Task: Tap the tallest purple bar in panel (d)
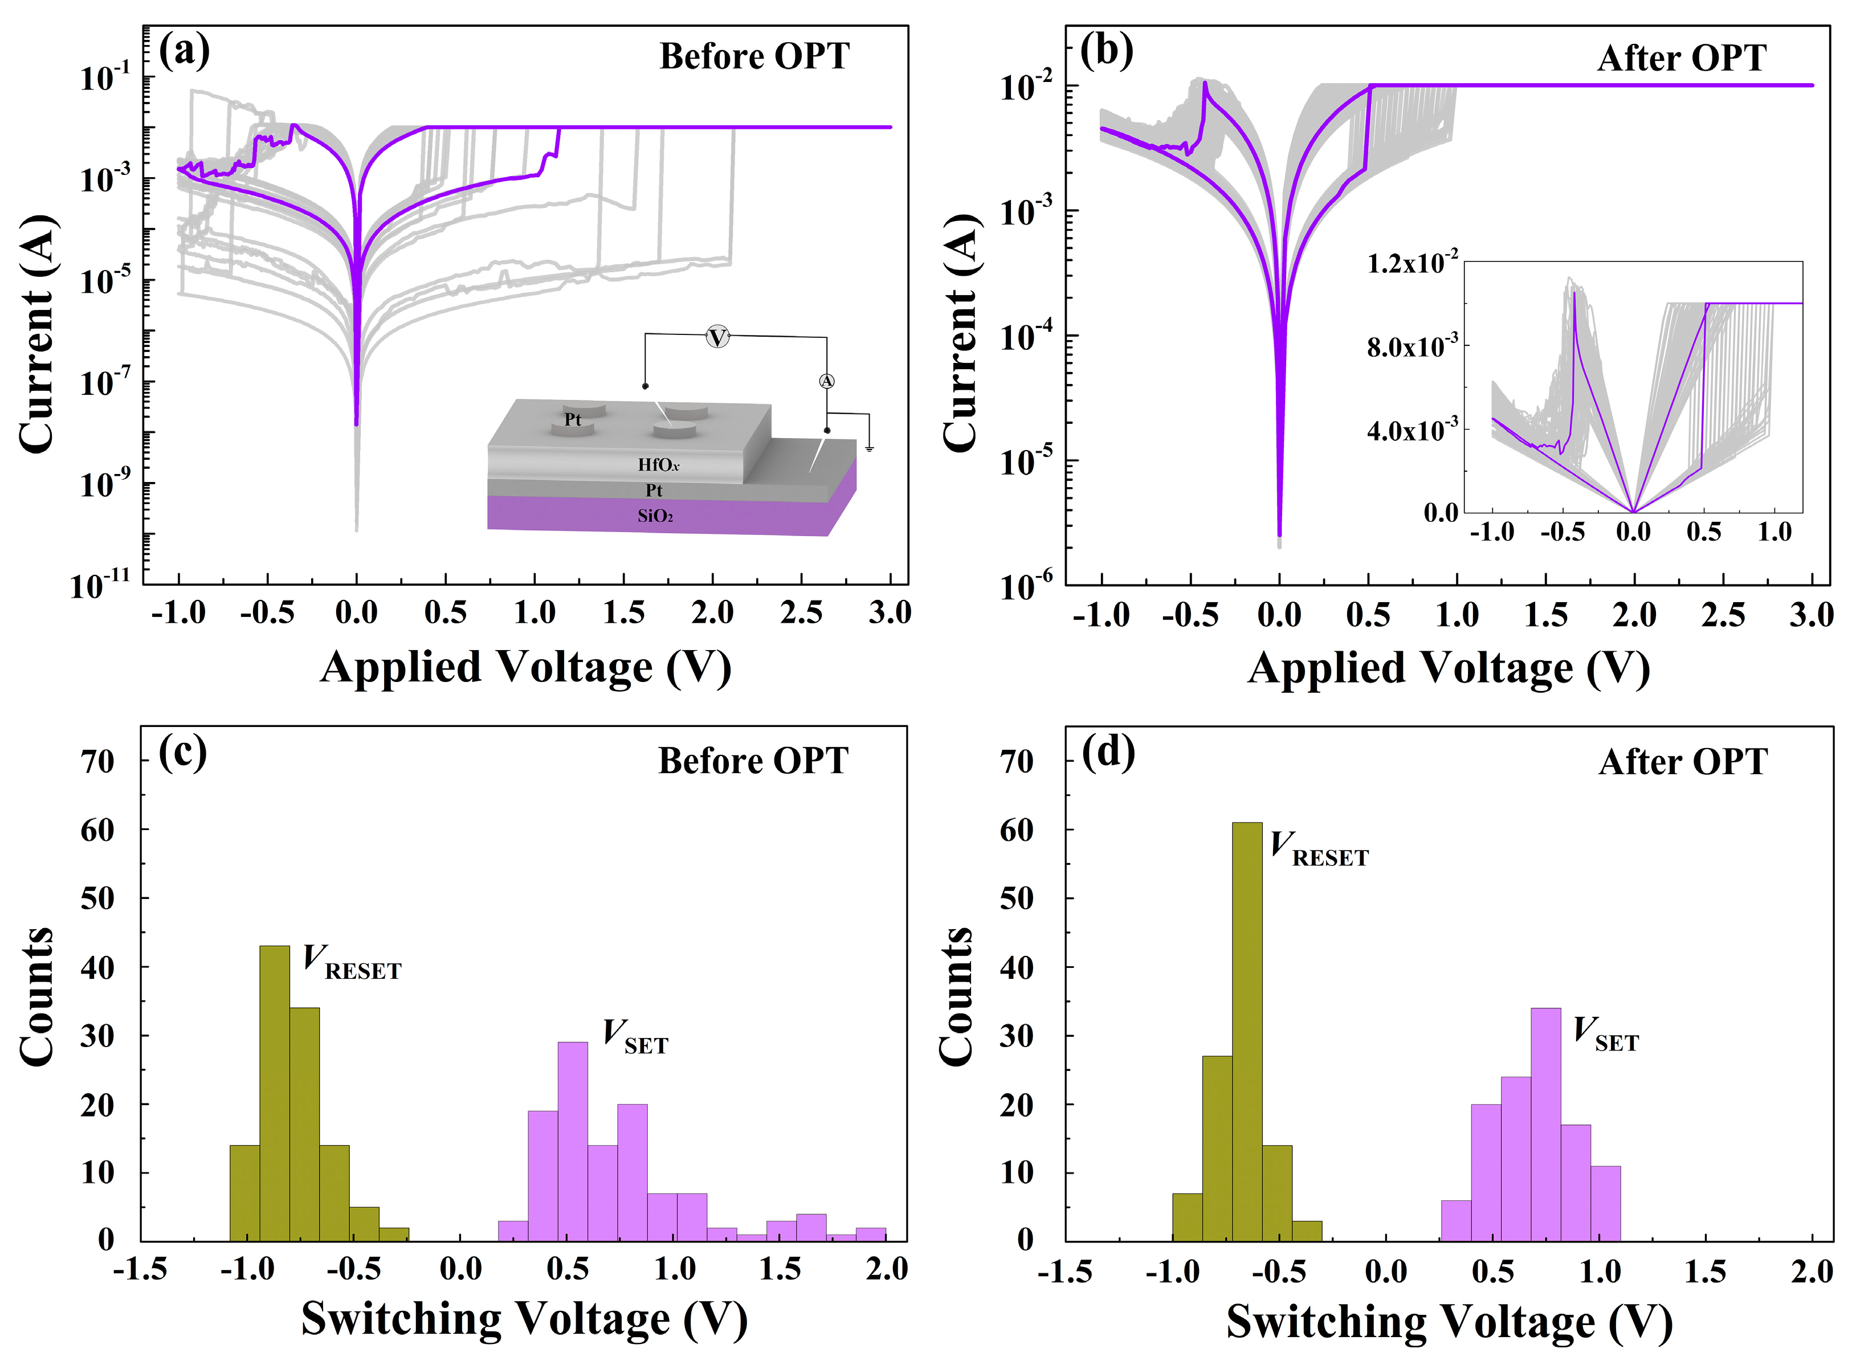(1545, 1123)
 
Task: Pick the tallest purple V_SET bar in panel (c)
(573, 1141)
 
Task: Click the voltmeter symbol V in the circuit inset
(717, 337)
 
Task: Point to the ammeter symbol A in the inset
(826, 381)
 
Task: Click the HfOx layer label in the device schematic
(658, 464)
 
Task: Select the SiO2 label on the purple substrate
(655, 516)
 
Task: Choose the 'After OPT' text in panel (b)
(1681, 59)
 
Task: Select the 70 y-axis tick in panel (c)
(97, 761)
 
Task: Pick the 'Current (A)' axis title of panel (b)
(960, 334)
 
